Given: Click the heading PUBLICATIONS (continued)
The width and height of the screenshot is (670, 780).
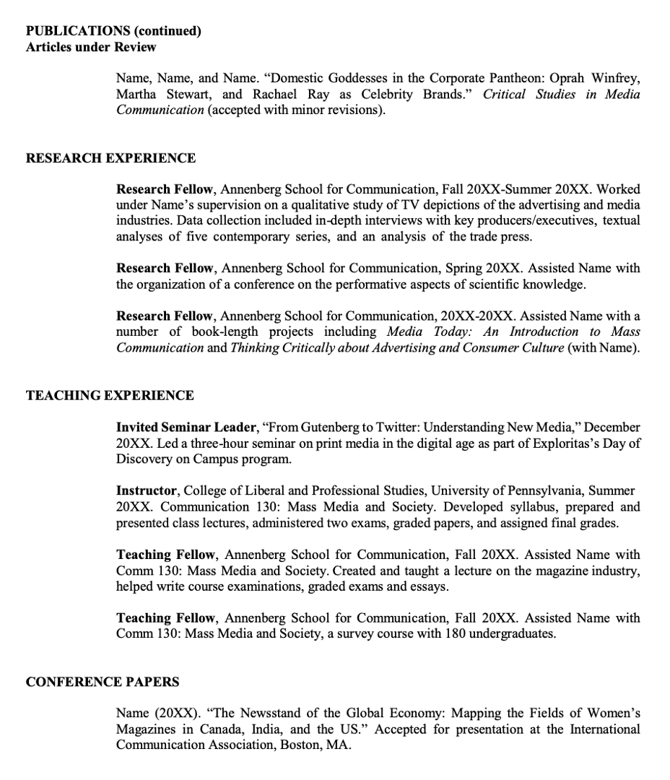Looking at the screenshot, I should pos(113,31).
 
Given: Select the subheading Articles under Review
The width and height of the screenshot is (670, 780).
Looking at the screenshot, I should pos(91,47).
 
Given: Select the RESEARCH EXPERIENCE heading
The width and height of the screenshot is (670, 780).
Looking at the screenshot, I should pos(110,158).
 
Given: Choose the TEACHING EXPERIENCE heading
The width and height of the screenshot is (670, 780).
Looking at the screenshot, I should pos(110,395).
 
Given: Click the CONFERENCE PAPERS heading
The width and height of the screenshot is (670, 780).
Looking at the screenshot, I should pos(103,681).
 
